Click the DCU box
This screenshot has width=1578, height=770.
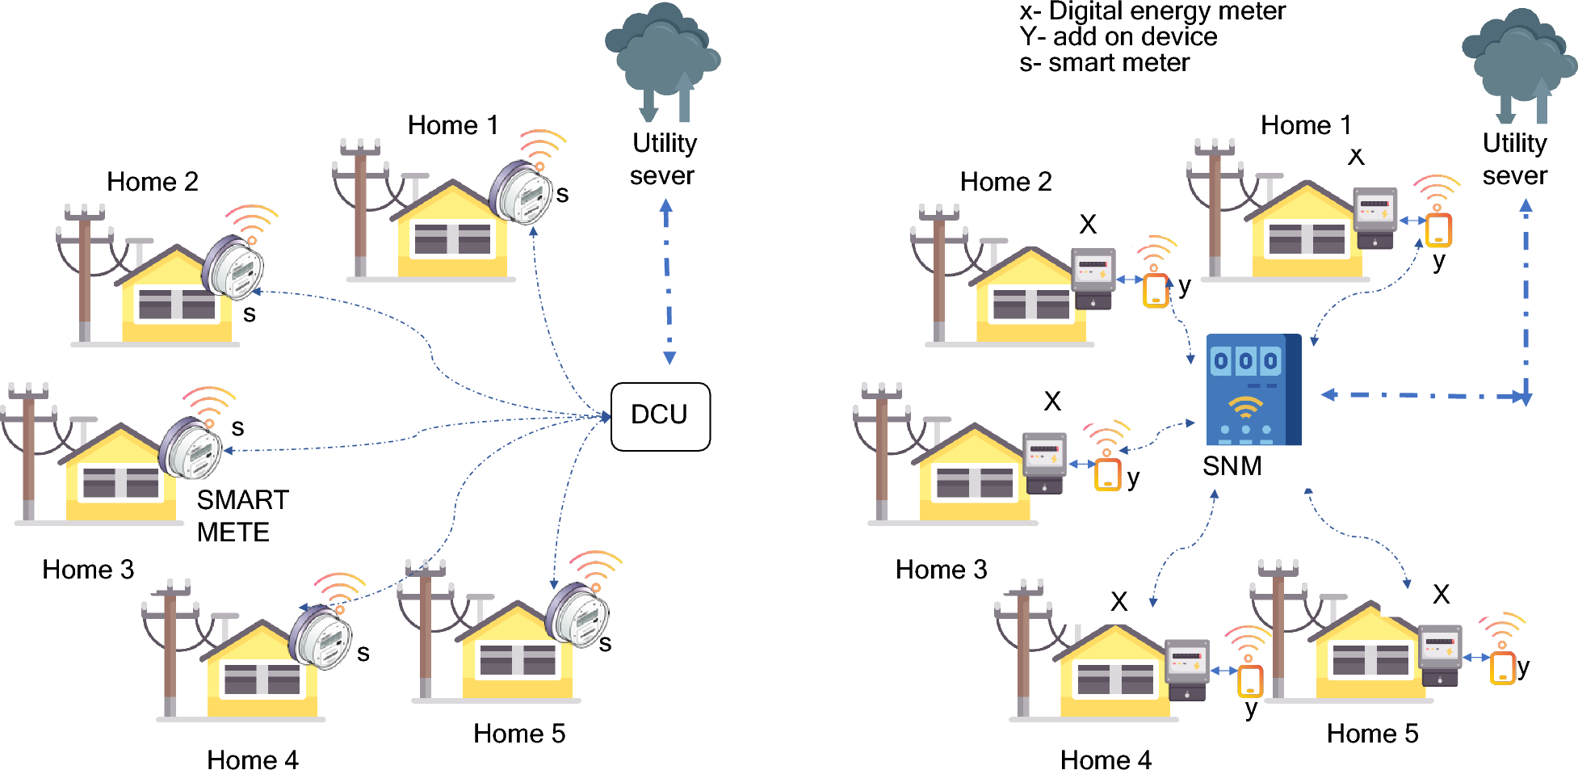[660, 416]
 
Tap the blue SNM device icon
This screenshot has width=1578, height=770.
[1253, 389]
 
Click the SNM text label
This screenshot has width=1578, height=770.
[1232, 466]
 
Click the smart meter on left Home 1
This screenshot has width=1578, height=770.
[522, 192]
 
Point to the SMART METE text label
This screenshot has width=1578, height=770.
[241, 515]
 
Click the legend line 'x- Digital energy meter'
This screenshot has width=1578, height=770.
[1152, 11]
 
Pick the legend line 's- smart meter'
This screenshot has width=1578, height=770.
[1103, 63]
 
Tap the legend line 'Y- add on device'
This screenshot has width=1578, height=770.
[1118, 37]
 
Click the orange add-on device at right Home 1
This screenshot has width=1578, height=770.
[1438, 229]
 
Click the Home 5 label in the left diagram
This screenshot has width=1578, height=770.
[518, 733]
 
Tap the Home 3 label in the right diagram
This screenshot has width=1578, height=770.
[941, 570]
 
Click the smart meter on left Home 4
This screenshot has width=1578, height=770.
[321, 637]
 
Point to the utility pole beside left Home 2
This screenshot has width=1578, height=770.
[84, 275]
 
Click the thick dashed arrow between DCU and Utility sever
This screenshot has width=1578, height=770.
[667, 283]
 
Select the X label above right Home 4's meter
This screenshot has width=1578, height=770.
[1118, 601]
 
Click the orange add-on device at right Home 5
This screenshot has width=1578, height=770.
[1502, 667]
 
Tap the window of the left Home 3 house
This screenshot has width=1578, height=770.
[120, 482]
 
